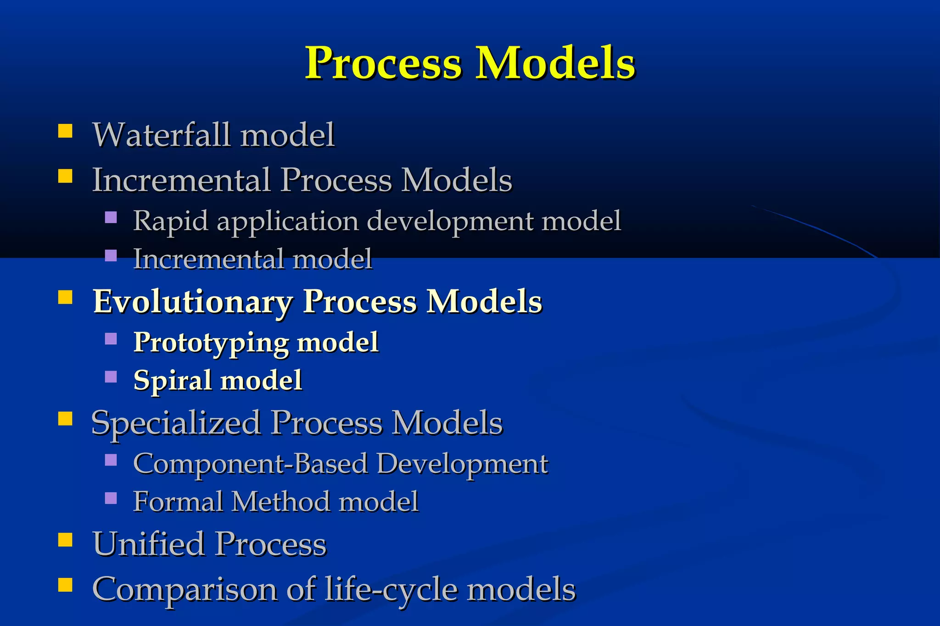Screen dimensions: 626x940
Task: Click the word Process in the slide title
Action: click(x=383, y=63)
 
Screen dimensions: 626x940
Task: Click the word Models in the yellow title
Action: click(x=555, y=63)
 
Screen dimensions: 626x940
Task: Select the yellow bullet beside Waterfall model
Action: click(x=65, y=131)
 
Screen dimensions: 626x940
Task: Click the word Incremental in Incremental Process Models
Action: click(x=181, y=180)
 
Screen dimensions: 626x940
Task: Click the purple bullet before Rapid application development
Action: click(x=111, y=217)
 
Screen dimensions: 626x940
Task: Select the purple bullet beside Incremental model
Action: click(x=111, y=255)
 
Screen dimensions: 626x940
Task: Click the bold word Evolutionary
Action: click(x=193, y=302)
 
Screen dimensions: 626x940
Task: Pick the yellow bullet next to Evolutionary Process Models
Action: click(x=65, y=298)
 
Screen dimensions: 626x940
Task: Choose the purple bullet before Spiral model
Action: click(x=111, y=377)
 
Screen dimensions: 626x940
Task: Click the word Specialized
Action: click(x=176, y=423)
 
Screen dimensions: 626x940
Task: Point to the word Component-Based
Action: click(x=250, y=464)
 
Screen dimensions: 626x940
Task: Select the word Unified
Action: click(x=148, y=544)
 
